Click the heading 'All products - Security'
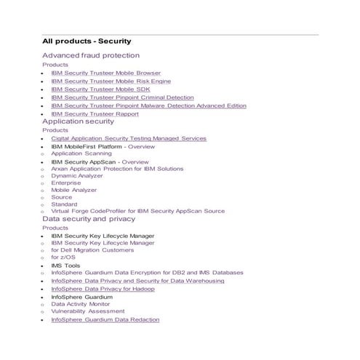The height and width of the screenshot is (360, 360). (x=87, y=41)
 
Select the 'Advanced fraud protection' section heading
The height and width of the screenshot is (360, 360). (x=91, y=55)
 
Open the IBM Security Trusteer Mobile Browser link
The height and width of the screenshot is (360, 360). (x=105, y=73)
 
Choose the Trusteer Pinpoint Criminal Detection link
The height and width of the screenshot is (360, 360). (x=122, y=97)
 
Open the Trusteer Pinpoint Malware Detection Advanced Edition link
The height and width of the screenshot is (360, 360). (x=148, y=105)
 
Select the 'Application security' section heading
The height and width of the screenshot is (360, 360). (x=78, y=121)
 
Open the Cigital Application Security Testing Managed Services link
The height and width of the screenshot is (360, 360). (x=129, y=138)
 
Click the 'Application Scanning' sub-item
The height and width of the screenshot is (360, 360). (x=81, y=153)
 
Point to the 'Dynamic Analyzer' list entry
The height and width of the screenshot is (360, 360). (x=77, y=175)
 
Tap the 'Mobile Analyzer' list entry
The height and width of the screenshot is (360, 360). (x=73, y=190)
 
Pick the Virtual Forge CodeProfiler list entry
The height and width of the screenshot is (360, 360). (x=137, y=211)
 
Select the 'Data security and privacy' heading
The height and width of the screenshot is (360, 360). (x=88, y=218)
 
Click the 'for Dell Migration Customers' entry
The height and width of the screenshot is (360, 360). (x=92, y=249)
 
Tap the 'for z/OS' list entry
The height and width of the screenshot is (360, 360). (x=63, y=257)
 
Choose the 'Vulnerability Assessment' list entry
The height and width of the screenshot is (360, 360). (x=87, y=311)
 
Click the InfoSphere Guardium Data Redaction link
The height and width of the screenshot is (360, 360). (x=105, y=319)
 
